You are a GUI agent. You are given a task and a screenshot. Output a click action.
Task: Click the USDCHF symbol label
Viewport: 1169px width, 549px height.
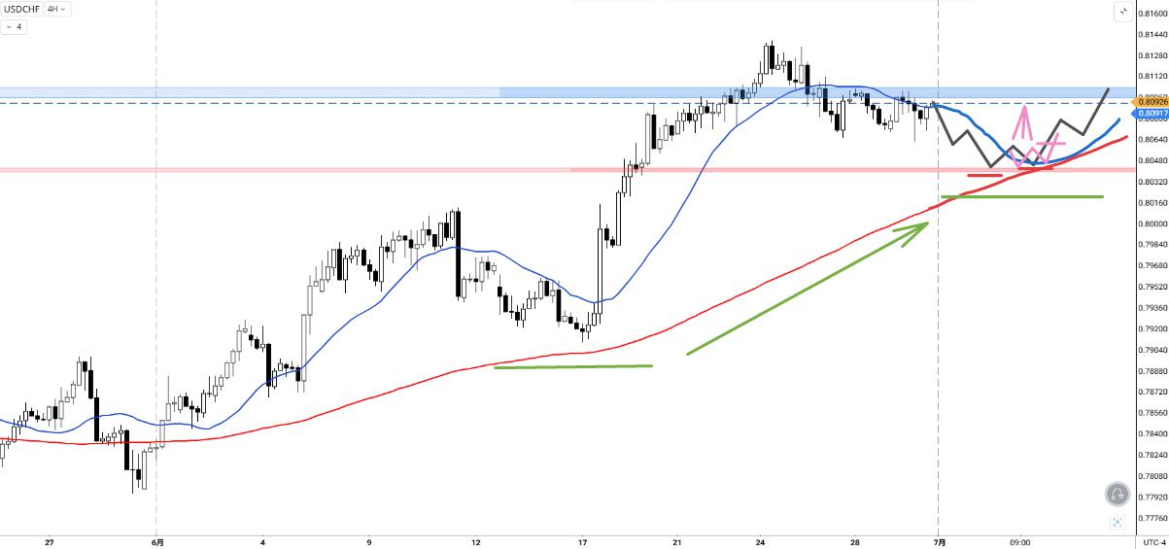click(22, 9)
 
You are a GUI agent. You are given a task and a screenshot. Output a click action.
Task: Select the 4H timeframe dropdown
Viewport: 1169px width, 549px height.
click(55, 9)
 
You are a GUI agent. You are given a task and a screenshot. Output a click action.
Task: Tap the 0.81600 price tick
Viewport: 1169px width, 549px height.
click(1152, 14)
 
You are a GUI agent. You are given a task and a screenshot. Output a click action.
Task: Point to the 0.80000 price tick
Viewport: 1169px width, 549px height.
click(1152, 223)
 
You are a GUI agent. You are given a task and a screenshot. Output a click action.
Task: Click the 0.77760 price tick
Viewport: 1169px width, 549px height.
click(1152, 518)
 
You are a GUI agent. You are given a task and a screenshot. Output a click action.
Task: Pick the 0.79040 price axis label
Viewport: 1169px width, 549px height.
click(1152, 350)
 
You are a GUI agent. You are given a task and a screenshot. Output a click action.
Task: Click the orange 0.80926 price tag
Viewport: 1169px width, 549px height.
click(1151, 101)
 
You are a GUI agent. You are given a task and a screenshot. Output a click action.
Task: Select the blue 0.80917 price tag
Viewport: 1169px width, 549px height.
click(1151, 114)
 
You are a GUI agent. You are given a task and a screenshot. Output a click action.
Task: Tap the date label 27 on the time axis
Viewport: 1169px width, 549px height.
click(49, 542)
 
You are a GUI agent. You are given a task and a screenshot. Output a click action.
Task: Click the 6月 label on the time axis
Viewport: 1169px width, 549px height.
click(157, 542)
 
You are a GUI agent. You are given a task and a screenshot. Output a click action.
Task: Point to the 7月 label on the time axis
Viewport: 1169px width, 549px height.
click(939, 542)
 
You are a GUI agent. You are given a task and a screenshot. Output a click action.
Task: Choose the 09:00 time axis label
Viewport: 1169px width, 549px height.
click(1019, 542)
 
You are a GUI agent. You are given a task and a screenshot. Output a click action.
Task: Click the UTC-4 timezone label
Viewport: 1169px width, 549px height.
click(1153, 542)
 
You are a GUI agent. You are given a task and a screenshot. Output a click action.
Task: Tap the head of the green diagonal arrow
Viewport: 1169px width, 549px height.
click(928, 223)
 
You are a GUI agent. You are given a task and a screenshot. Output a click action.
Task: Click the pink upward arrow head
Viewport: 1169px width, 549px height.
click(1024, 108)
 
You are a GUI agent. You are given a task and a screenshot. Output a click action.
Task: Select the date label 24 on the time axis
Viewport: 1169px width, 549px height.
click(760, 542)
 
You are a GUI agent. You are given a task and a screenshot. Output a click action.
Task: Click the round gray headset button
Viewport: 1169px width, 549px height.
click(1117, 494)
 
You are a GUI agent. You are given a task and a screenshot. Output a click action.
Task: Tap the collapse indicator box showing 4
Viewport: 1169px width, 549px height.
click(14, 26)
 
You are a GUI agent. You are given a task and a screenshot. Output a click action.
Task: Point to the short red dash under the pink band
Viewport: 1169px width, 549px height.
click(984, 175)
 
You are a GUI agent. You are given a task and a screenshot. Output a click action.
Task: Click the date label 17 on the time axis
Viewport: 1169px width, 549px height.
click(582, 542)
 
